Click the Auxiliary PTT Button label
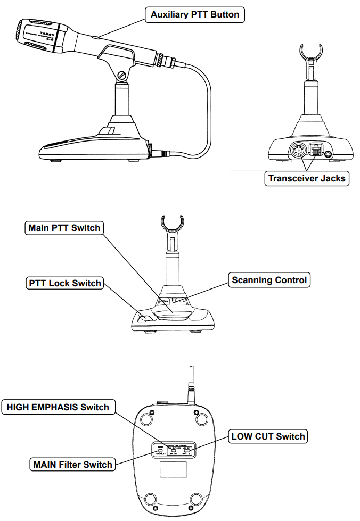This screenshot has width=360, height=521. point(194,15)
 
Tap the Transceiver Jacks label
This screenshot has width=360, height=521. point(306,178)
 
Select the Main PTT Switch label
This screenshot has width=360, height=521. point(64,228)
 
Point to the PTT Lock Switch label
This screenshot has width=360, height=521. point(64,283)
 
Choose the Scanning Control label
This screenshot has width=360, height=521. point(269,280)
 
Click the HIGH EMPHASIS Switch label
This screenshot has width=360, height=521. point(58,408)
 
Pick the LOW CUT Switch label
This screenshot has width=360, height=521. point(268,437)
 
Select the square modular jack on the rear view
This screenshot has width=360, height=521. point(316,151)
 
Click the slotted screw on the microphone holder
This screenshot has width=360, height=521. point(122,76)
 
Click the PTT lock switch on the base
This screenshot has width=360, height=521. point(143,319)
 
